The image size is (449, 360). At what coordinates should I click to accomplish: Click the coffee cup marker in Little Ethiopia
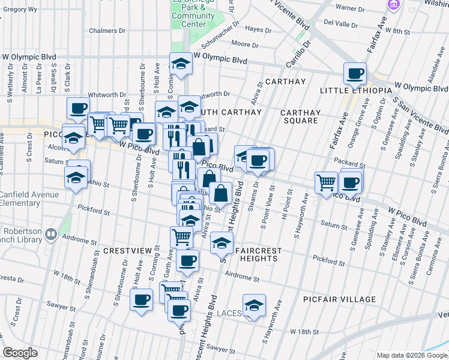click(x=355, y=74)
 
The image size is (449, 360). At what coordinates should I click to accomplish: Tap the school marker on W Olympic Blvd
click(x=179, y=63)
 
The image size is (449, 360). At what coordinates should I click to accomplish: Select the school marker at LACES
click(x=255, y=306)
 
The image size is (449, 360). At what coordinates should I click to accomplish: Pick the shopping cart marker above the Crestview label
click(x=181, y=236)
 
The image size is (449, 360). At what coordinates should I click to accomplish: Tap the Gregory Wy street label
click(x=20, y=10)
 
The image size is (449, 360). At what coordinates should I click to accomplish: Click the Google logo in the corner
click(x=20, y=352)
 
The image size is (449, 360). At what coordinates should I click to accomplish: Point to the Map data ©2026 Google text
click(x=411, y=355)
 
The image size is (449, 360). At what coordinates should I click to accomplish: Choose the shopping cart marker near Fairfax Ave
click(x=326, y=182)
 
